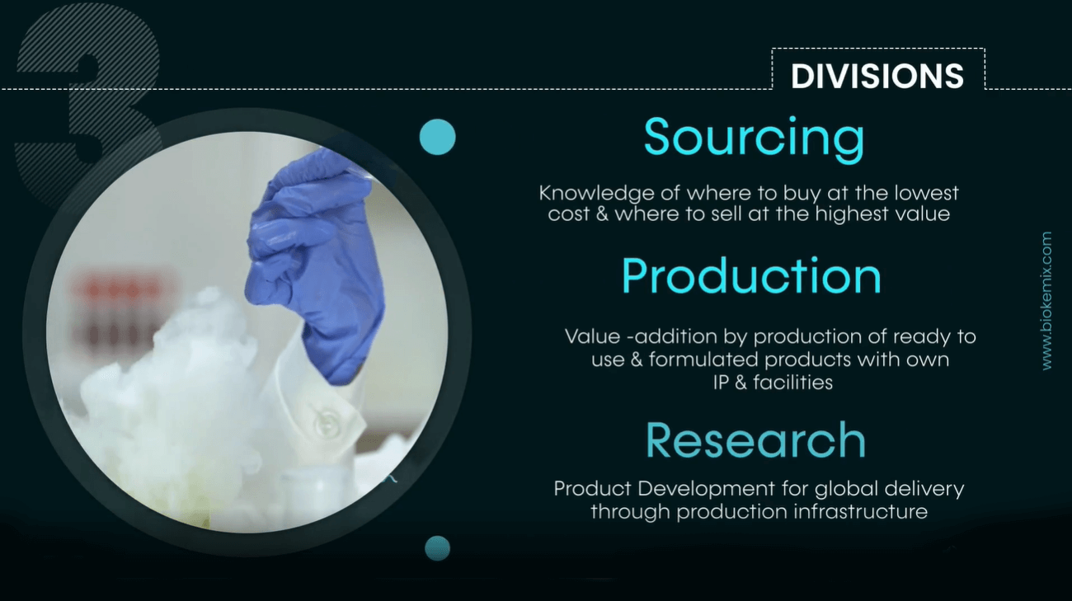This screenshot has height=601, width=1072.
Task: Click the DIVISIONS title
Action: coord(877,76)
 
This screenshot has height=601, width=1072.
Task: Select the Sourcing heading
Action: coord(755,138)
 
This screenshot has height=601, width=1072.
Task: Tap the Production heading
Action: coord(751,276)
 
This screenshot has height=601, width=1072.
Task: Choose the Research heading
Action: coord(755,440)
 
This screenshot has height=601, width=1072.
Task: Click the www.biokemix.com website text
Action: coord(1046,300)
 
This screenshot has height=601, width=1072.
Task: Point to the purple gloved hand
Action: coord(316,263)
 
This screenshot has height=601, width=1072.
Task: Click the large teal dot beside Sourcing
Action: coord(437,137)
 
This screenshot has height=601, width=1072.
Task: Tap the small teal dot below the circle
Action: coord(437,548)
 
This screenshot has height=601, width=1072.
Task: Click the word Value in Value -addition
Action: coord(592,336)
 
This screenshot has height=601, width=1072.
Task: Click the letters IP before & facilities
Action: coord(721,383)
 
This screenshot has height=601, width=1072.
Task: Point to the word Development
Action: coord(706,490)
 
